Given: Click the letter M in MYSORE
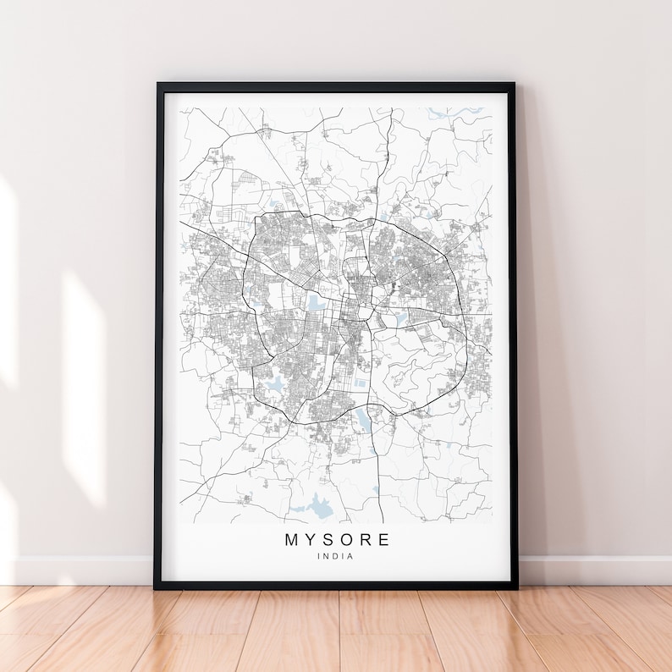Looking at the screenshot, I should (x=292, y=539).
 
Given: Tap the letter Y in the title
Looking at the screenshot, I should (x=312, y=539).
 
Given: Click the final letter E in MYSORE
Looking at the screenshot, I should (x=385, y=539).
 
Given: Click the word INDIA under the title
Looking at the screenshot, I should (x=336, y=556).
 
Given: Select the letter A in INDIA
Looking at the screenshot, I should (x=351, y=556).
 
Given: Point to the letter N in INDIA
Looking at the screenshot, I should (x=328, y=556).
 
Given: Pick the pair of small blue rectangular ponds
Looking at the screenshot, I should (x=361, y=382).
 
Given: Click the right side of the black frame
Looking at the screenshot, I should (x=512, y=339).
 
